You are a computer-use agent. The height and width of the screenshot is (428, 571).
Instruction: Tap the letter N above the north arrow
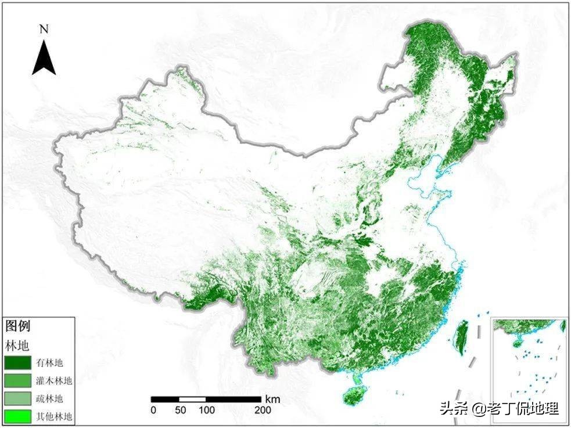coord(44,28)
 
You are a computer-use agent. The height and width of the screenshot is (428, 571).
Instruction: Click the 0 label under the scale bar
coord(153,411)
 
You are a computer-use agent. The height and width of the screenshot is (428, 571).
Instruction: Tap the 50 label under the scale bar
coord(179,411)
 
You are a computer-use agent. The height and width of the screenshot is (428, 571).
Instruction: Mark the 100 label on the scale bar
coord(206,411)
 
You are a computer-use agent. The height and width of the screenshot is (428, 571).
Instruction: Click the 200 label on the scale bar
coord(261,411)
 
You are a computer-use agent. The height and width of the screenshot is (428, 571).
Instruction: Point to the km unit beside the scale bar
coord(272,399)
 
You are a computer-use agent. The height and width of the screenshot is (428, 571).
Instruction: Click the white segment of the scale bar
coord(192,399)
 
